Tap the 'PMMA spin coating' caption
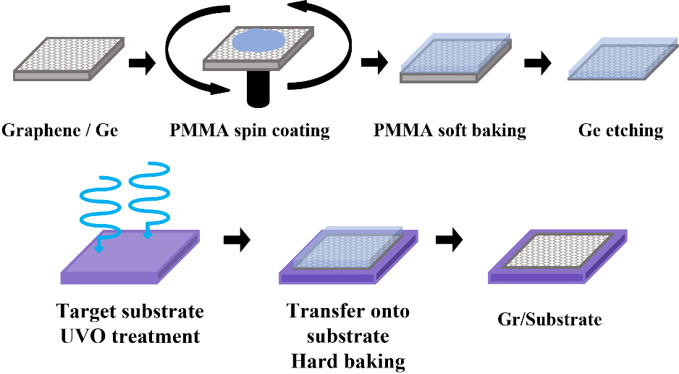pos(250,131)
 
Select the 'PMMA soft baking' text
pos(450,131)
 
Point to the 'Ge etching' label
pos(621,131)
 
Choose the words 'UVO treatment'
pos(130,336)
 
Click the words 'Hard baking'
pos(348,361)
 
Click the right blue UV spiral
pos(148,196)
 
